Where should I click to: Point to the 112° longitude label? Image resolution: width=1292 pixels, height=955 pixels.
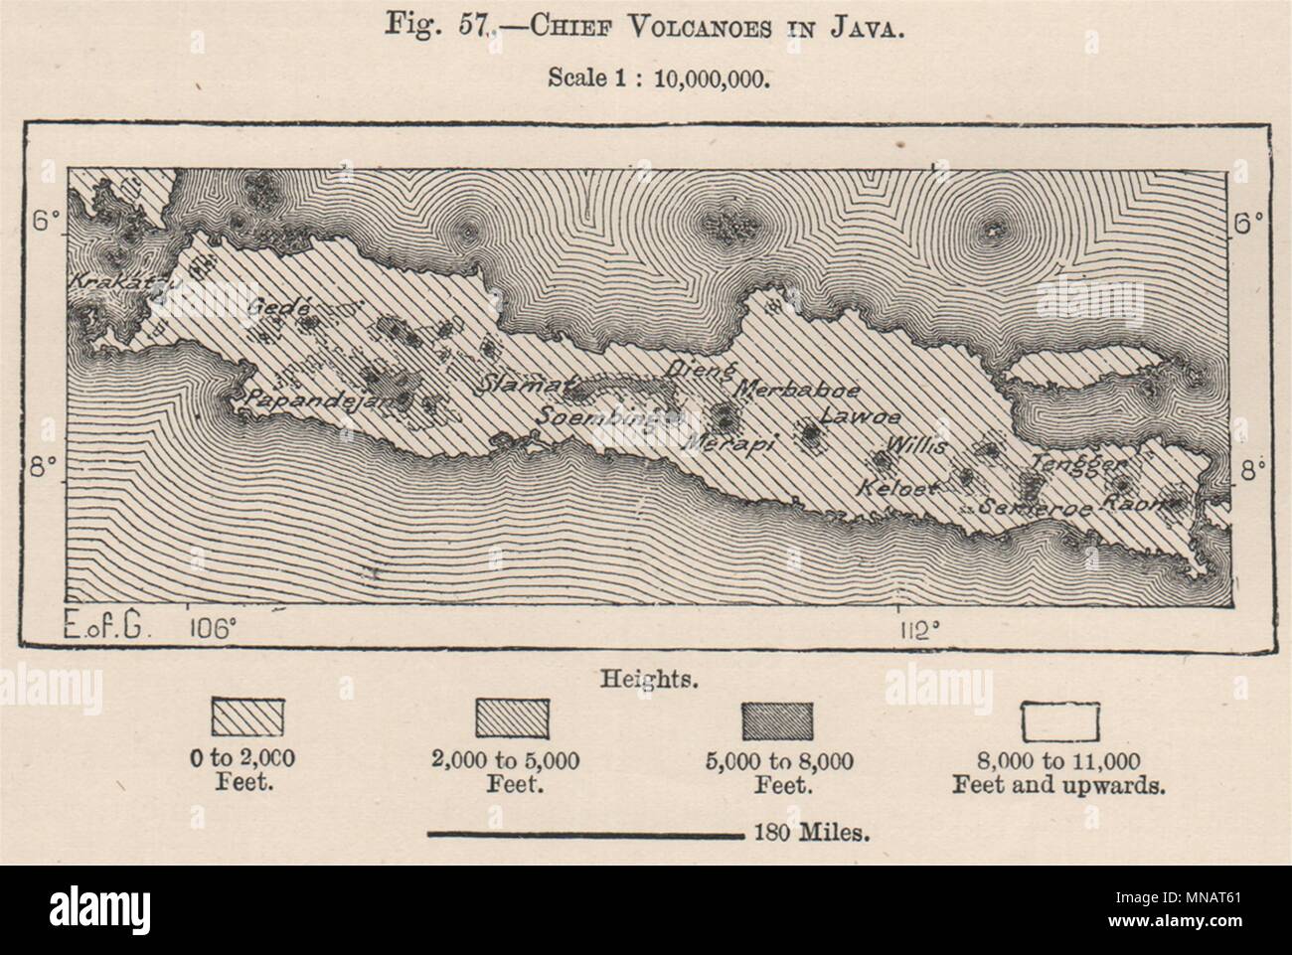coord(920,629)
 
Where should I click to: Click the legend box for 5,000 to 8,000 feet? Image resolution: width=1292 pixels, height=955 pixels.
coord(778,718)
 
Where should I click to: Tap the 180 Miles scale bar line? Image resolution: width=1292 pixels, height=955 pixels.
coord(585,835)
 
